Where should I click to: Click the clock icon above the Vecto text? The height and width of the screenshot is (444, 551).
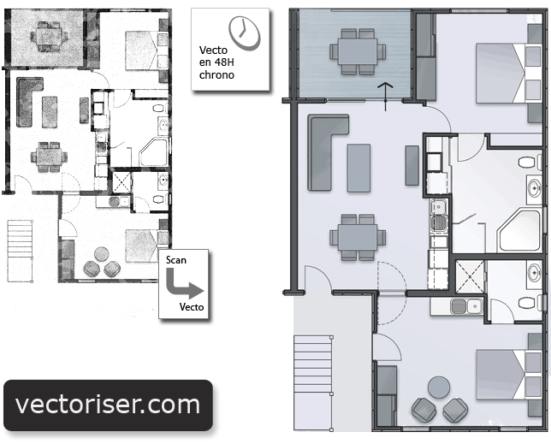point(244,33)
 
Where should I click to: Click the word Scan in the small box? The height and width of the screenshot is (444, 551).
point(176,260)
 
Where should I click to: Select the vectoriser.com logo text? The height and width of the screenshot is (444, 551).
point(108,405)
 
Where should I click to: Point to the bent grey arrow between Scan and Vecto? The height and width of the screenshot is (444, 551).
point(175,287)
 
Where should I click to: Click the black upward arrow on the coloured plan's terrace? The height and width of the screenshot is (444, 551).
point(386,97)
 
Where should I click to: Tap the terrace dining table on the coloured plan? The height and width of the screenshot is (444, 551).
point(358,51)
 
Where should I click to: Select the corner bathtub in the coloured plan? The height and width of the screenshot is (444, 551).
point(518,230)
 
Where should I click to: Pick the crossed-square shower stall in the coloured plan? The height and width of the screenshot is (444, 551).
point(470,277)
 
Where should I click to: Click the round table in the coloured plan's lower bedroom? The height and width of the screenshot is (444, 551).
point(439,387)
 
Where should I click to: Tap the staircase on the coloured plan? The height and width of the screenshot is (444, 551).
point(313,383)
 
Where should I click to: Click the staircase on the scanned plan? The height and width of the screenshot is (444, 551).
point(21,251)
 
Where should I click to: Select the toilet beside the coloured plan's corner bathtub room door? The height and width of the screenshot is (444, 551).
point(530,163)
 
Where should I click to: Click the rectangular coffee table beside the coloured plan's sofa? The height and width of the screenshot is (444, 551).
point(358,168)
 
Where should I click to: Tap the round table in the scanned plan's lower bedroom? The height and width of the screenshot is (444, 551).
point(102,254)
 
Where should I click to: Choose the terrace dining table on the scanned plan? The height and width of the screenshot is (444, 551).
point(49,35)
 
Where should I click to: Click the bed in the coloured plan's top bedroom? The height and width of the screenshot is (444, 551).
point(508,73)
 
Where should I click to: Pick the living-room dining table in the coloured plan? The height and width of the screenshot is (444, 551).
point(358,237)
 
